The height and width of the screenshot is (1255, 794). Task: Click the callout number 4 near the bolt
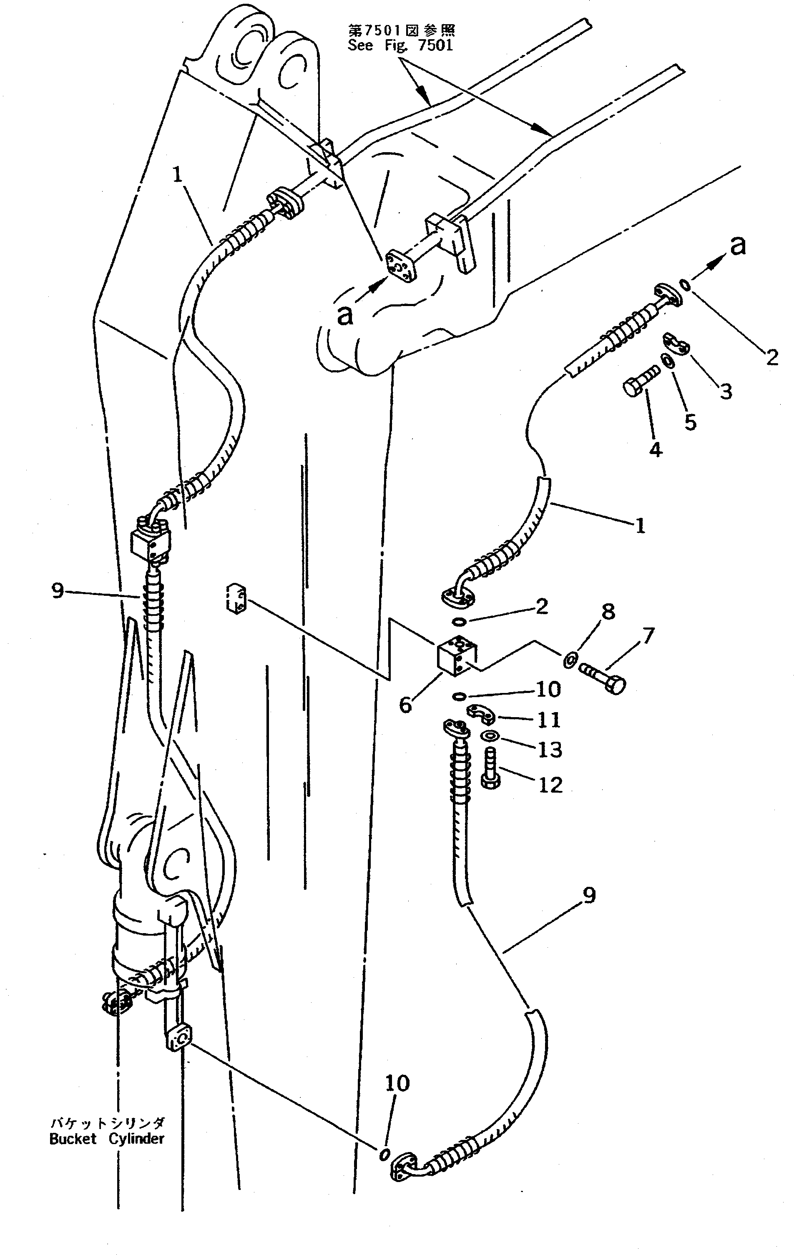(x=656, y=449)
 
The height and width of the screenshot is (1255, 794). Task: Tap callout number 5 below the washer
(x=690, y=422)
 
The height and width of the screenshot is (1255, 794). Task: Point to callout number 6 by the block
(x=406, y=705)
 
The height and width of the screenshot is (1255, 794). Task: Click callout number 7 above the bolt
(x=648, y=636)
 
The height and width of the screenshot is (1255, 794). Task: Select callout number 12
(x=550, y=784)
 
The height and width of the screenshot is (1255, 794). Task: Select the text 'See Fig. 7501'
(x=400, y=45)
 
